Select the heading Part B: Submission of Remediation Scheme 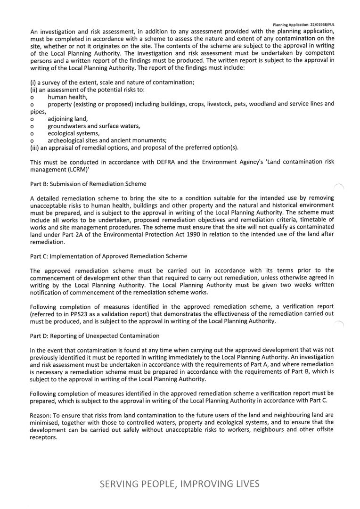click(x=88, y=184)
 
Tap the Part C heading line click(x=108, y=256)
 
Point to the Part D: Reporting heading click(x=95, y=336)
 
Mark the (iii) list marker click(x=35, y=148)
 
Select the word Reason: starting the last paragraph click(x=40, y=415)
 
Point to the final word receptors click(x=43, y=437)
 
